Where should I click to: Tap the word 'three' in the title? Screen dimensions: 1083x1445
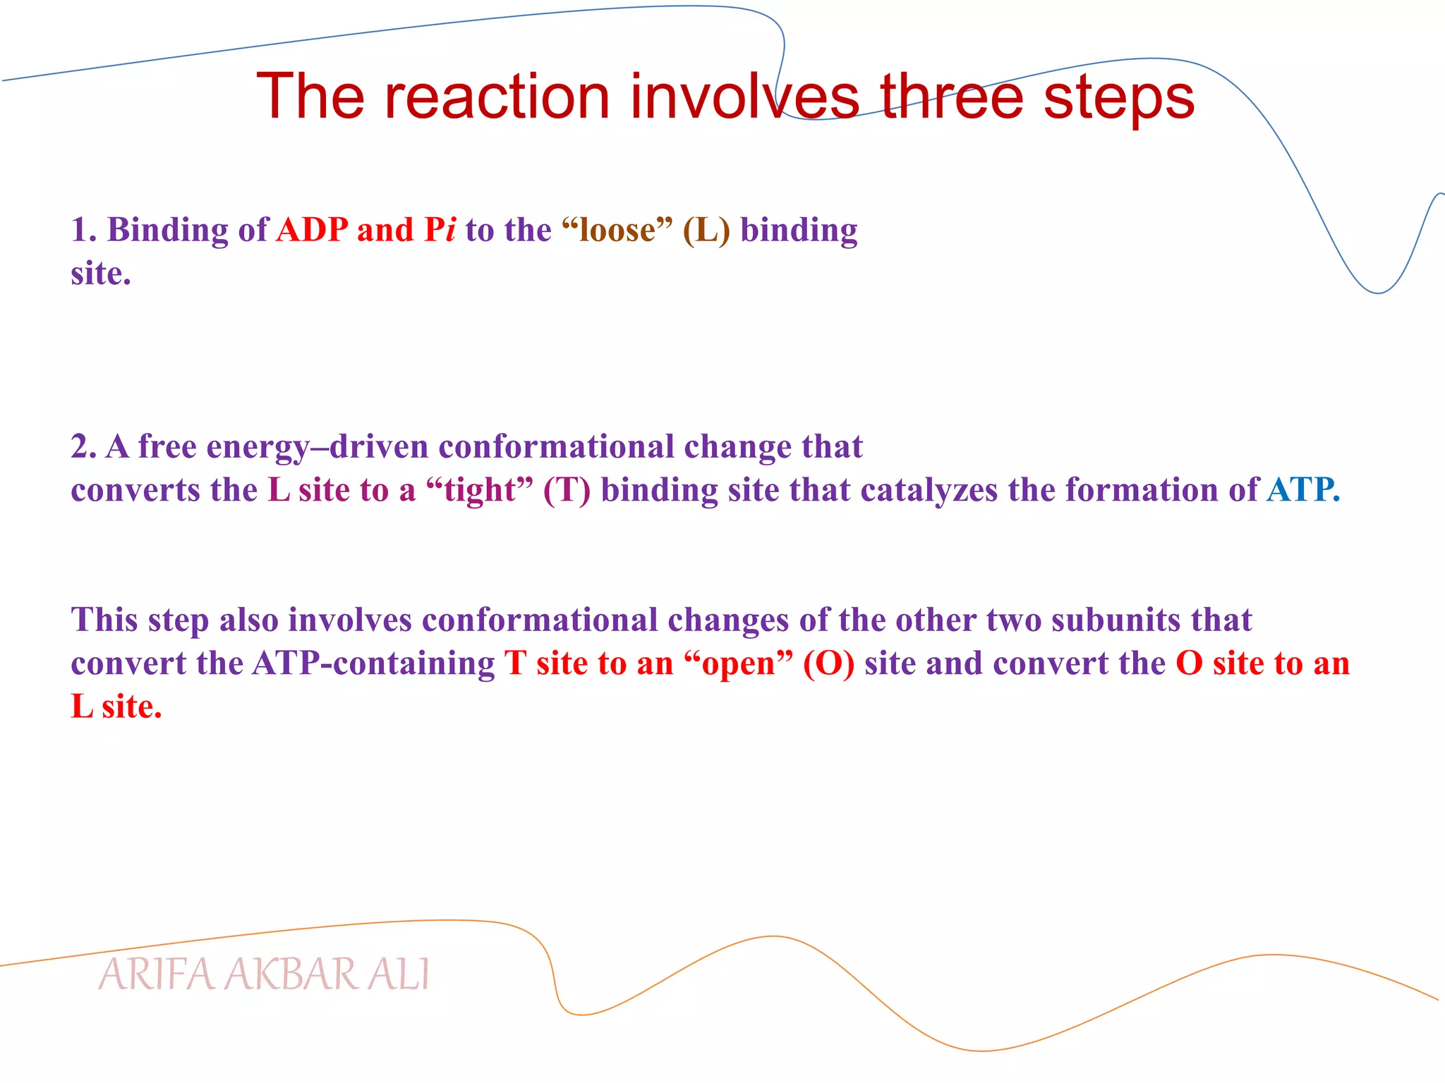[x=951, y=97]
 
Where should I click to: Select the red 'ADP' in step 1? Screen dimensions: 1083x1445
[x=312, y=230]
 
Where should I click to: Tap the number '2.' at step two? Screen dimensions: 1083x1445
[x=83, y=447]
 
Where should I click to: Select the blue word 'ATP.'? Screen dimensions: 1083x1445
[x=1302, y=490]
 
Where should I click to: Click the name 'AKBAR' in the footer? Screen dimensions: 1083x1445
[x=292, y=975]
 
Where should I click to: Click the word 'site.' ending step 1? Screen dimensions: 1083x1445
[x=101, y=274]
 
